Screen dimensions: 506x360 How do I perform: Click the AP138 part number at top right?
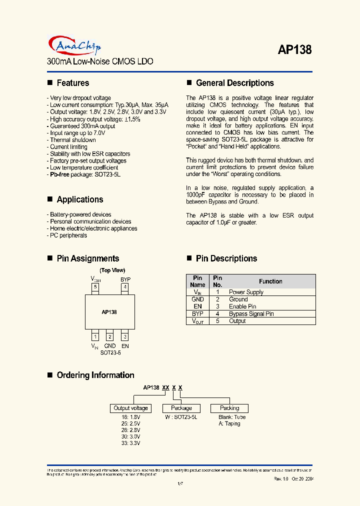294,50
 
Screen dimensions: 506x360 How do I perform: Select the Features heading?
72,83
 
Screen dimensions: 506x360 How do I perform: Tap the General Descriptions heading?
234,83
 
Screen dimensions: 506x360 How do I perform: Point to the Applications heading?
79,199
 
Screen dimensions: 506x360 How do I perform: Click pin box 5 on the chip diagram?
95,287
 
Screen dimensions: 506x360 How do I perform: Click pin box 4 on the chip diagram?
125,287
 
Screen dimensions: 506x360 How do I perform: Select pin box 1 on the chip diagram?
95,336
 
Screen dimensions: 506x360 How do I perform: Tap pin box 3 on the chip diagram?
125,336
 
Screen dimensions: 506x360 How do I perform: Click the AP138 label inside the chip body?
109,312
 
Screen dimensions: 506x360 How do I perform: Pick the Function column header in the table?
270,281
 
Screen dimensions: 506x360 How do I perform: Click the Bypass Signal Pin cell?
251,314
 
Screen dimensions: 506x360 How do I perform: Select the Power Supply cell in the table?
246,292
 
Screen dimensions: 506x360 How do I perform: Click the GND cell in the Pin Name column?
197,299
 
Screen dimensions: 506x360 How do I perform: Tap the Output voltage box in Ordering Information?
130,408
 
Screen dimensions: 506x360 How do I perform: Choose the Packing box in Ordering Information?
229,408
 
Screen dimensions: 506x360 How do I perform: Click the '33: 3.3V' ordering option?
130,443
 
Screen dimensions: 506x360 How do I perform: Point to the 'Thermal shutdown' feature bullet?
73,140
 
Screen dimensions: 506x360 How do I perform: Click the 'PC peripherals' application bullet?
68,235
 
